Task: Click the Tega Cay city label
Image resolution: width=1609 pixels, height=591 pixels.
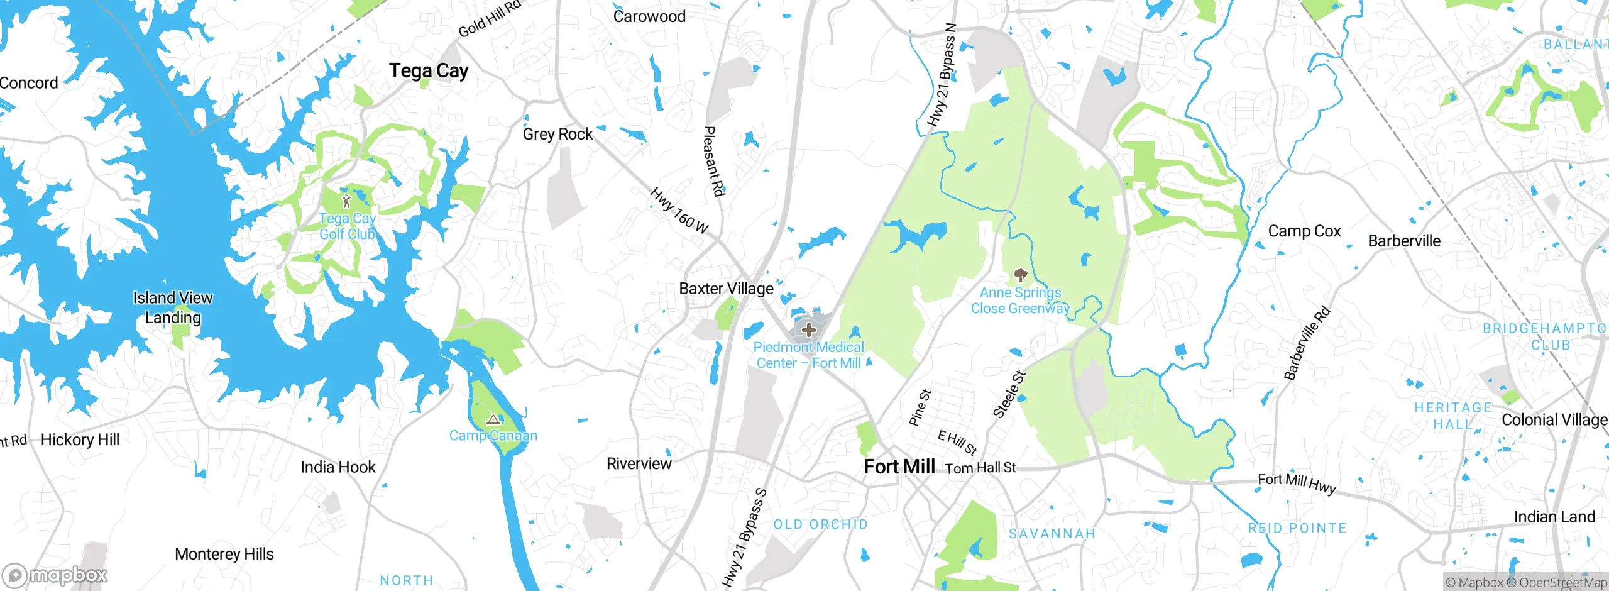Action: (428, 71)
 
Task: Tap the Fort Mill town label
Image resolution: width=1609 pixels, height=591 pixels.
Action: (899, 467)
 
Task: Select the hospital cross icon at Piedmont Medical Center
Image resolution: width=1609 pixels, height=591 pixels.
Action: (809, 329)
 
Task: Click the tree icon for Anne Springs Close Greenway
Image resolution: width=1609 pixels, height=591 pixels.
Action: (1020, 275)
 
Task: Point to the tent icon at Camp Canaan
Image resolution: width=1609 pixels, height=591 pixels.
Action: (493, 419)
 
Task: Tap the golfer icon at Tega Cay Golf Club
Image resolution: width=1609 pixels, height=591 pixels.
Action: (346, 201)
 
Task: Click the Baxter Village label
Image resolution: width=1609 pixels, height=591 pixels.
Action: (726, 289)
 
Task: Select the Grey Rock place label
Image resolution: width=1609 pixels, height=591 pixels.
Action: (557, 134)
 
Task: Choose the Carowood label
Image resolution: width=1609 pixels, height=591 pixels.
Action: (649, 16)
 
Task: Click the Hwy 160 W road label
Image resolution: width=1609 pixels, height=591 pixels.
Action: (679, 211)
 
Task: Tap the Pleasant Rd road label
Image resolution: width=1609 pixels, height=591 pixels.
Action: (714, 161)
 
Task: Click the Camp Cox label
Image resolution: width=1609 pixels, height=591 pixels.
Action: (1304, 231)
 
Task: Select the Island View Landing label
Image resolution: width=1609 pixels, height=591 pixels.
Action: (173, 307)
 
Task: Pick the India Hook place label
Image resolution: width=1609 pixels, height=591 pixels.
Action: (338, 467)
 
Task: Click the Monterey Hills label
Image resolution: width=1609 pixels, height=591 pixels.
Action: (224, 554)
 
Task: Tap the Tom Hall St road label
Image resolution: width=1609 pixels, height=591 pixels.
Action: (980, 468)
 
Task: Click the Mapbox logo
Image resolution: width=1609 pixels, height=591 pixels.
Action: (55, 575)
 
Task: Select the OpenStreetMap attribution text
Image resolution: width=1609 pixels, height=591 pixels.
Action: (1562, 583)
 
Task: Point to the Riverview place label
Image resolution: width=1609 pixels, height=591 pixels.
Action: (639, 464)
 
